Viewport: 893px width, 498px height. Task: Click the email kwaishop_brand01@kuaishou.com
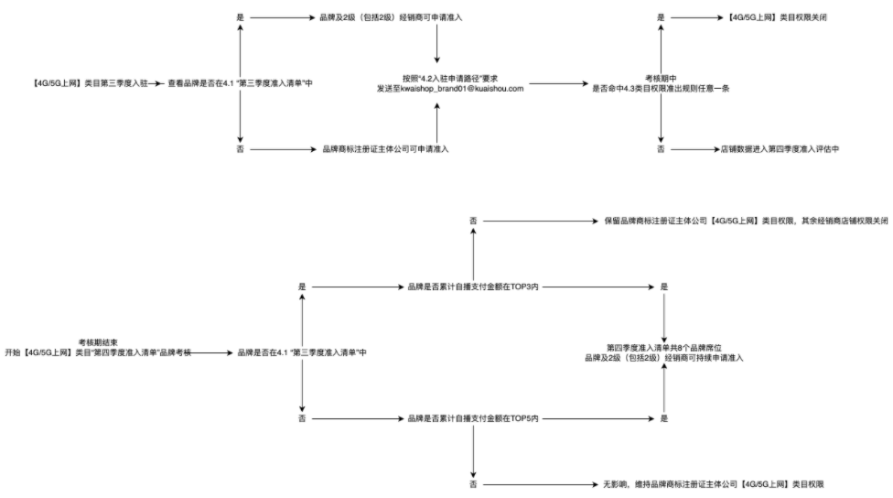click(x=448, y=89)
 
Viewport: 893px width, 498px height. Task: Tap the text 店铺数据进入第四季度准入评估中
click(x=780, y=148)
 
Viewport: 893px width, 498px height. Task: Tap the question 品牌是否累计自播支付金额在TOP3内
click(x=473, y=287)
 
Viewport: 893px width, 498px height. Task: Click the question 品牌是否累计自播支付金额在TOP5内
click(x=473, y=418)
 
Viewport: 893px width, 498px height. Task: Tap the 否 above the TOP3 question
click(x=473, y=222)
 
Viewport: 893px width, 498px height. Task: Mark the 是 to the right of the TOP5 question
click(x=664, y=418)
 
